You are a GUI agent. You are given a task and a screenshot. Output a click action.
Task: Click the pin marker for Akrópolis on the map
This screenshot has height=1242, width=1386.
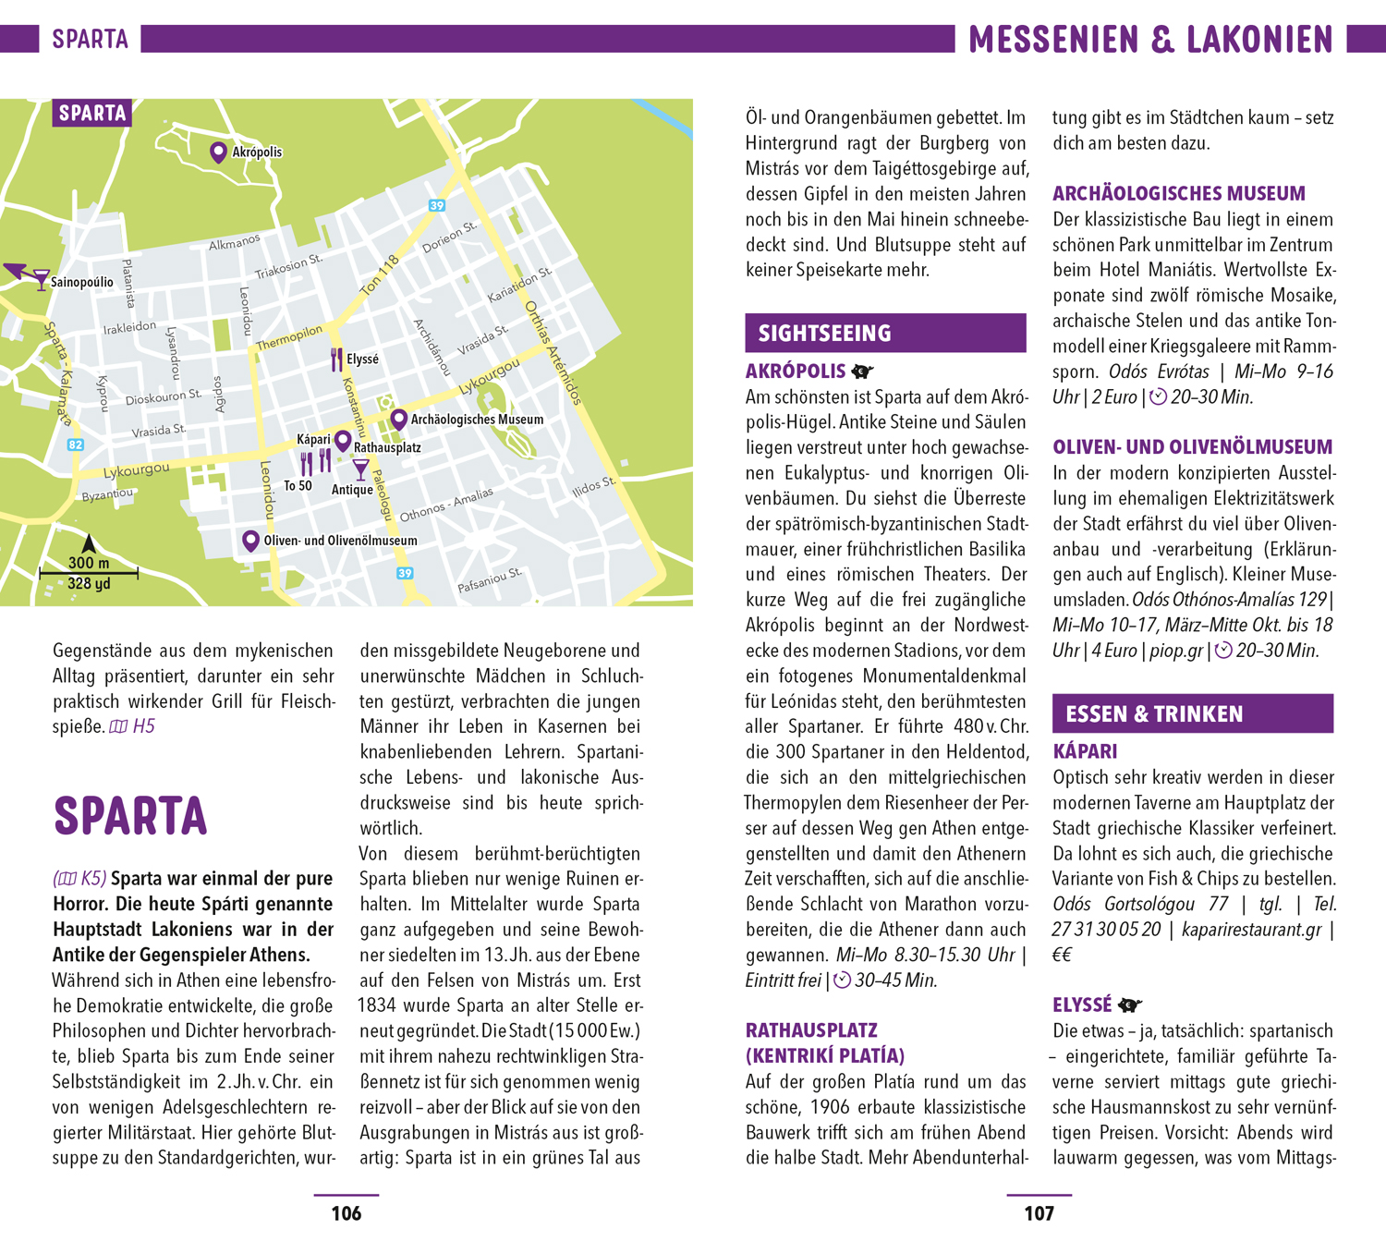[218, 152]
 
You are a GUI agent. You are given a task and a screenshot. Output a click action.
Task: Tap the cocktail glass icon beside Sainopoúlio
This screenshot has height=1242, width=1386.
[41, 279]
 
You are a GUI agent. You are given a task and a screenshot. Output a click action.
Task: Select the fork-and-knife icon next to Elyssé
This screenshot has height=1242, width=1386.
[336, 359]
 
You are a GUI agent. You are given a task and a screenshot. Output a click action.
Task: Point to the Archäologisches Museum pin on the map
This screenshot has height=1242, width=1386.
[399, 419]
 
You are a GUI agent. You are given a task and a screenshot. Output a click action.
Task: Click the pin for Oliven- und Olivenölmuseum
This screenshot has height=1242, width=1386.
[250, 540]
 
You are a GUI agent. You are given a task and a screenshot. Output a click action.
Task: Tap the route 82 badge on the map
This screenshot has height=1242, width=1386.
[76, 444]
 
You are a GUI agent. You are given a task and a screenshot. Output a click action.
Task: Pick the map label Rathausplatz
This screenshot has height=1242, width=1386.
[387, 448]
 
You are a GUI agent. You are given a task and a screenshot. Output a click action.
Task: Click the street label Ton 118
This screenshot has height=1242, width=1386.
[379, 275]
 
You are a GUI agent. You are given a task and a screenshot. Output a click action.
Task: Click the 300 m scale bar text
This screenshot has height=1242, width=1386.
[89, 563]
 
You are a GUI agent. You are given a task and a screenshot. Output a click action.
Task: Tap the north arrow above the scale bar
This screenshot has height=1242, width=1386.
[89, 544]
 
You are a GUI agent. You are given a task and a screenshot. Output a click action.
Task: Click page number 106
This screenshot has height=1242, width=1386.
[346, 1213]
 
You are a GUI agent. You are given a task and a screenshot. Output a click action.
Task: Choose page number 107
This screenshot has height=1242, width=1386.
[1039, 1213]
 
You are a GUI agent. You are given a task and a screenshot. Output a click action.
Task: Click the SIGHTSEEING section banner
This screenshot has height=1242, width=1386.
[885, 334]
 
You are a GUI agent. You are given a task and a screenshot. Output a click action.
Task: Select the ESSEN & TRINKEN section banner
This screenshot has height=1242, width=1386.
[1192, 714]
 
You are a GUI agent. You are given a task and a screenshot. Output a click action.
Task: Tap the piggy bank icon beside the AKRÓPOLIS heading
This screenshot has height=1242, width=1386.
[862, 371]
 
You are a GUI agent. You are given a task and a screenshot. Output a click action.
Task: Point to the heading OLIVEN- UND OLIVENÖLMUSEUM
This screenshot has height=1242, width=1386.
[1192, 447]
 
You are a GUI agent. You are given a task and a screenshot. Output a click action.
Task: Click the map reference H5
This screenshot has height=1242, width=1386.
[143, 726]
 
